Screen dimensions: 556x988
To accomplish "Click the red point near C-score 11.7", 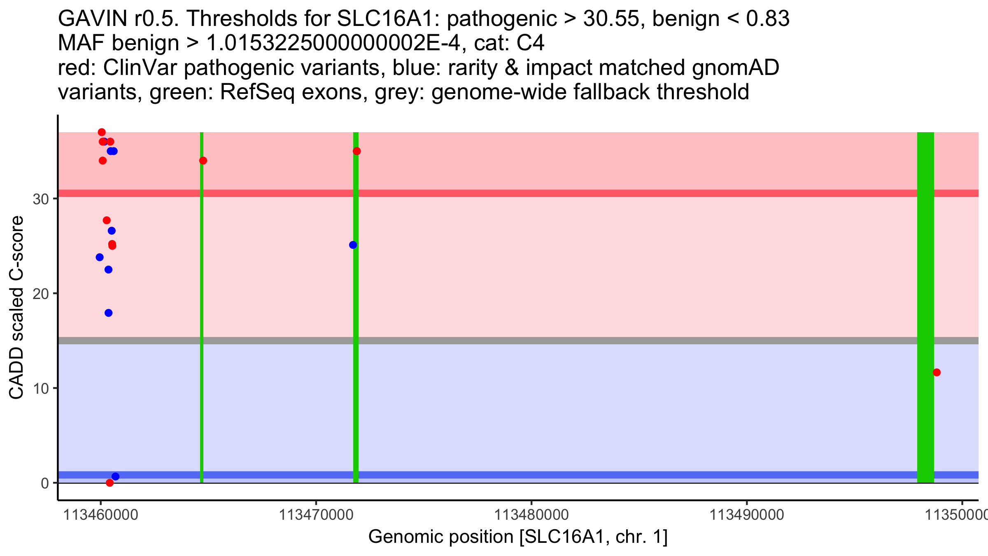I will point(937,372).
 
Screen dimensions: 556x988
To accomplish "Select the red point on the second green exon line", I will point(357,151).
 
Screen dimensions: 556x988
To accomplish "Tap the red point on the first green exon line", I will point(203,161).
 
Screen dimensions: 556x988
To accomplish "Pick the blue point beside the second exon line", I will point(353,245).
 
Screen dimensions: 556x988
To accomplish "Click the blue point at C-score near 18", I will point(108,313).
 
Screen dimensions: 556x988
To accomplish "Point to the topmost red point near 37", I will point(102,132).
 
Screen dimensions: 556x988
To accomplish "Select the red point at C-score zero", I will point(110,483).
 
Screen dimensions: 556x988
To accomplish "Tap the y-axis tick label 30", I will point(40,199).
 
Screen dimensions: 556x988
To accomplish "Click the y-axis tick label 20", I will point(40,294).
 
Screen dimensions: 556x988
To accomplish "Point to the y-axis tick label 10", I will point(40,388).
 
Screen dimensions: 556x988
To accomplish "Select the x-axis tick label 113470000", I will point(316,515).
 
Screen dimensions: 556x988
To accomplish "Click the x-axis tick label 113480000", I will point(531,515).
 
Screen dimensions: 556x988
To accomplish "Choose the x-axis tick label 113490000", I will point(747,515).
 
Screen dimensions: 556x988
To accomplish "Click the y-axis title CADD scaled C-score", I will point(16,308).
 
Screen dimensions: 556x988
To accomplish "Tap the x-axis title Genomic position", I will point(518,537).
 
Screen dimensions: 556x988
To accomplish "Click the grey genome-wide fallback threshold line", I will point(535,341).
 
